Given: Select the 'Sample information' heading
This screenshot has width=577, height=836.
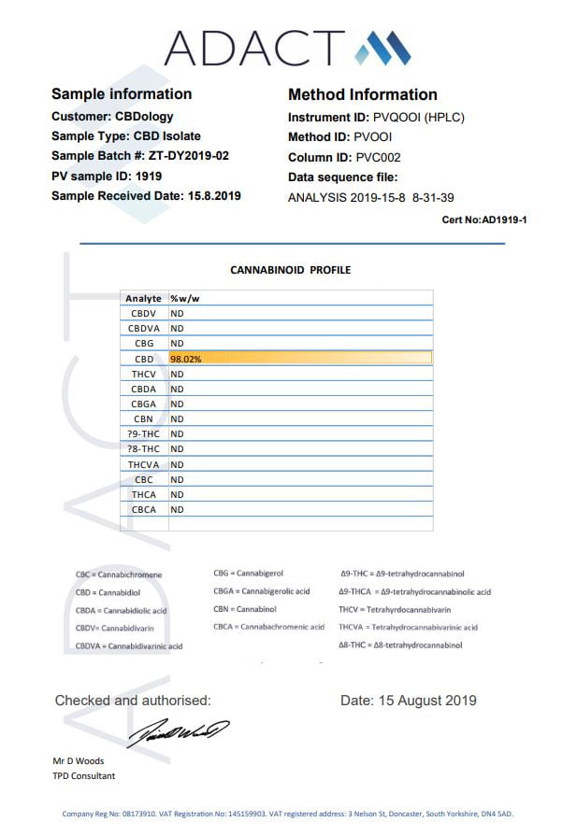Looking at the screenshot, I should point(122,94).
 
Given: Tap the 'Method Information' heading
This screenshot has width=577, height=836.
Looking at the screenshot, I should point(363,94).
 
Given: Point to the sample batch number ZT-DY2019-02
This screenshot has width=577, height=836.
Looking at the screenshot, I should point(189,156).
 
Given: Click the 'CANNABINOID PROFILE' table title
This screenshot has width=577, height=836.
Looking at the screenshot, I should point(291,270).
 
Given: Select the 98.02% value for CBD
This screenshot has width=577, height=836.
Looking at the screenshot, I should point(185,359).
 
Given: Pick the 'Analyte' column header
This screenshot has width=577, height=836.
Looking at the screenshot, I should point(143,298).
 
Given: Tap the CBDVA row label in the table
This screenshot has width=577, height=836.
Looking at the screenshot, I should point(144,329).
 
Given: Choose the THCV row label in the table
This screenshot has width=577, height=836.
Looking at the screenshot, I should point(144,374).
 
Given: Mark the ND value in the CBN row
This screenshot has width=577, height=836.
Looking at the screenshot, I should point(177,419).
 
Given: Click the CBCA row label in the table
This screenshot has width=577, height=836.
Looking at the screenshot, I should point(144,510).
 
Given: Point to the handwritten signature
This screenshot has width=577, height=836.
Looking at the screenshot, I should point(178,731).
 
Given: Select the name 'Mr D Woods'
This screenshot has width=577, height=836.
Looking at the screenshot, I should point(79,760).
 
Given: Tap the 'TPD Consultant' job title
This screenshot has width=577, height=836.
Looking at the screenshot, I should point(84,776).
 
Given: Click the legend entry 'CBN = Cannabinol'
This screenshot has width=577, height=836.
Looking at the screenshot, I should point(245,609).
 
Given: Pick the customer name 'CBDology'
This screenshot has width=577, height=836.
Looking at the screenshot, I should point(145,117).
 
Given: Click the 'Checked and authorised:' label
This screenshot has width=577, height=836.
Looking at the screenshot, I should point(133,701).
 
